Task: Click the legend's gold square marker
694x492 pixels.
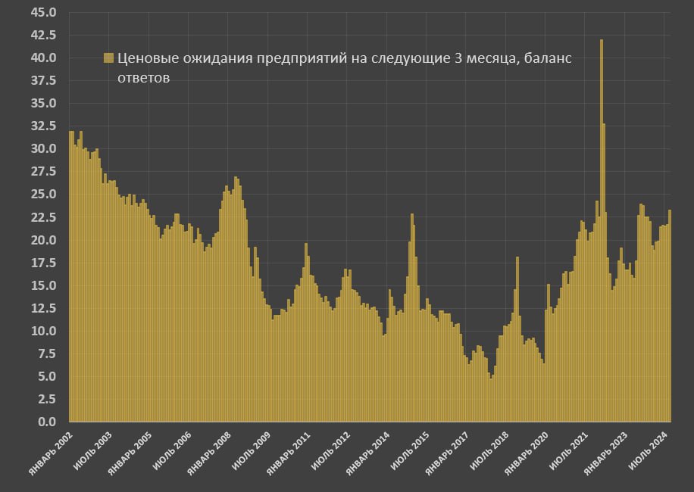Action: click(108, 58)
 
